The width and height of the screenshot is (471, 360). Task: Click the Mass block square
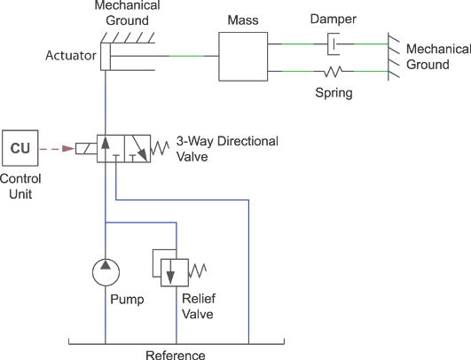click(x=243, y=57)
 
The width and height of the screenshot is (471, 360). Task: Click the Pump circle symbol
click(x=106, y=271)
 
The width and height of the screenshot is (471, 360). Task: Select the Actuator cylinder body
click(x=133, y=57)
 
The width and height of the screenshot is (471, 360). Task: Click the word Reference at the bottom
click(x=175, y=354)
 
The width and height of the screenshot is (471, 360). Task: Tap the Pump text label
click(x=126, y=300)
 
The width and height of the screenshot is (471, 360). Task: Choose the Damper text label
click(x=333, y=19)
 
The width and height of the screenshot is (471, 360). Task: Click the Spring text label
click(x=334, y=91)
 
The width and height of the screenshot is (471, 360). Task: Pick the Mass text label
click(x=241, y=19)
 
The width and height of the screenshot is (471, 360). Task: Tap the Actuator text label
click(x=70, y=56)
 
